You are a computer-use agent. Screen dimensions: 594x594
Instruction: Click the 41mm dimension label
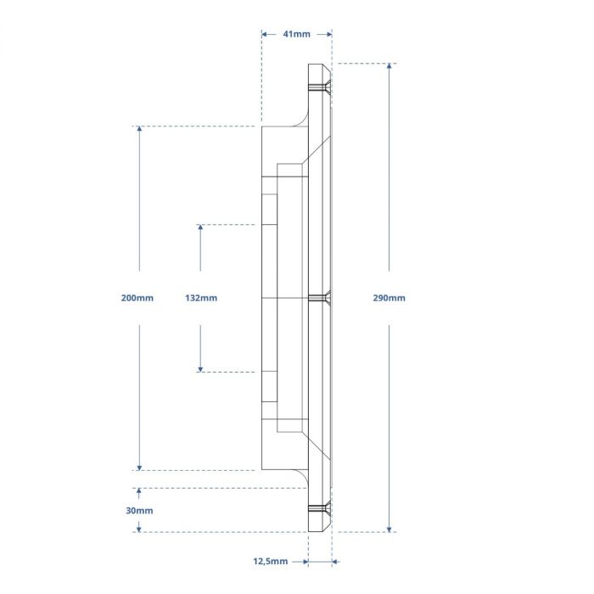click(296, 34)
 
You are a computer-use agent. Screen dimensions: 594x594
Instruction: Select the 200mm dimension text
click(137, 298)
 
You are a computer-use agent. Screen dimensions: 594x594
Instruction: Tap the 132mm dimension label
click(201, 298)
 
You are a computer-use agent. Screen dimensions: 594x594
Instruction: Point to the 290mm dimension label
click(389, 298)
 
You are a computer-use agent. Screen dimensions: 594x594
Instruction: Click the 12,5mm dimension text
click(271, 561)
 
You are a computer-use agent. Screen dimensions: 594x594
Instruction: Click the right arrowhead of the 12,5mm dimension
click(335, 561)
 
